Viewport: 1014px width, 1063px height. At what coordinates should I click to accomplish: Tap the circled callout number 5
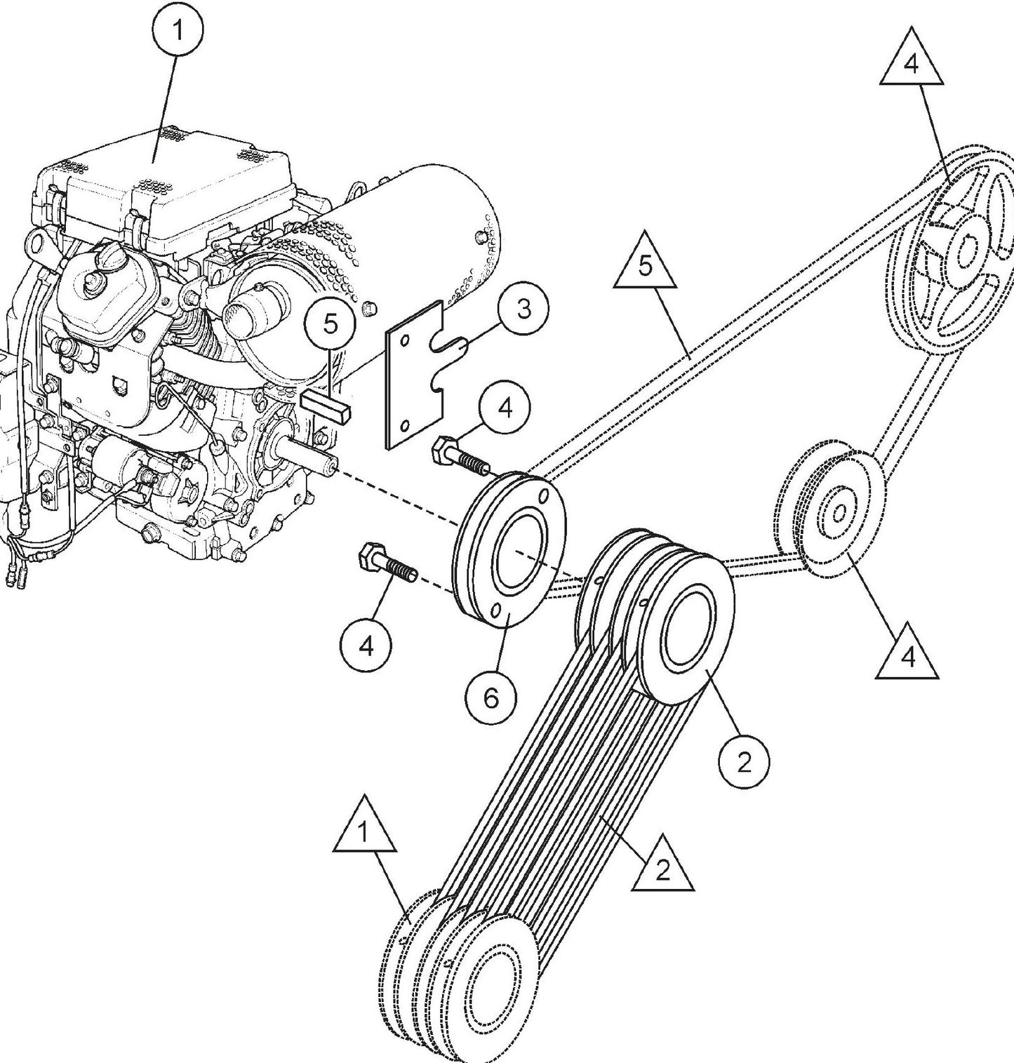point(331,323)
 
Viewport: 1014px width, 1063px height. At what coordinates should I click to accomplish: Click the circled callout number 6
point(491,697)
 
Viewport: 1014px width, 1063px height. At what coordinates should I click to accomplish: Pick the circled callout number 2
point(744,761)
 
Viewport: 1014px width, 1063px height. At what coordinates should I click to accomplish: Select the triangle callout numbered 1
point(363,833)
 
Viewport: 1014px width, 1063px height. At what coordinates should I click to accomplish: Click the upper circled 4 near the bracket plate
point(505,407)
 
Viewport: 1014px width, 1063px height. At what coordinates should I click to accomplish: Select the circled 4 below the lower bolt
point(366,646)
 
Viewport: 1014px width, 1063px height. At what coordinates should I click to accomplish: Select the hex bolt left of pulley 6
point(387,565)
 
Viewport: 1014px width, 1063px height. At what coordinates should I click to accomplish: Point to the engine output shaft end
point(328,464)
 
